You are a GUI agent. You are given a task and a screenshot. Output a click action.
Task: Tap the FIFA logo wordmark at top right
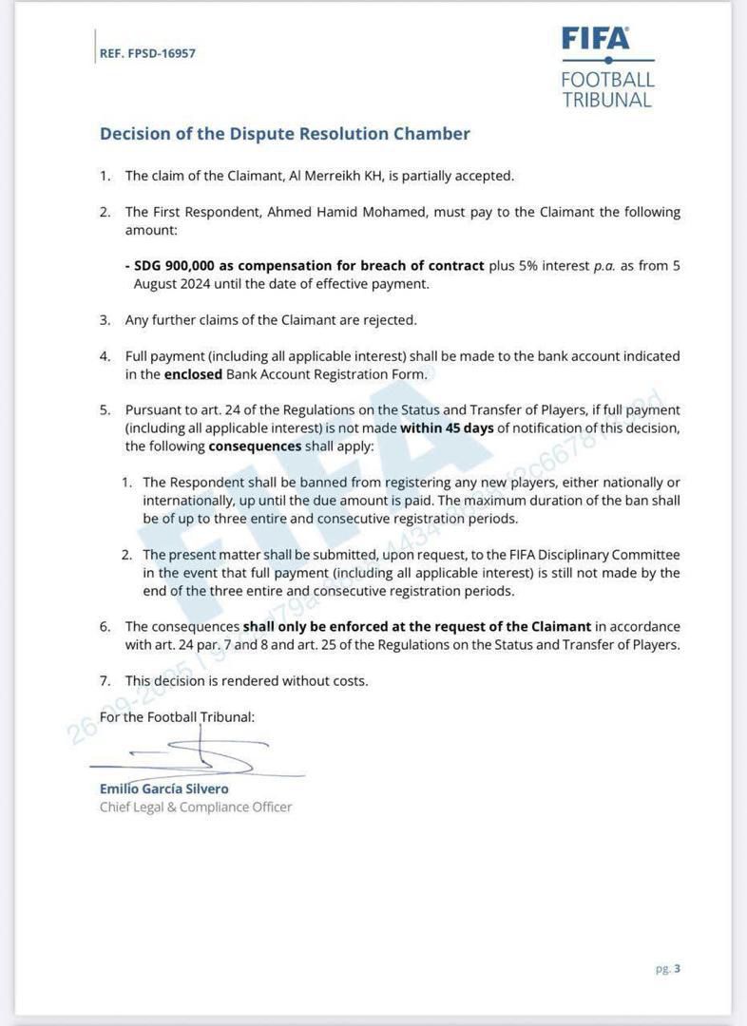click(x=595, y=38)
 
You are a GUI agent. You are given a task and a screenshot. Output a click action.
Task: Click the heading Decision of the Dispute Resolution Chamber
click(x=285, y=134)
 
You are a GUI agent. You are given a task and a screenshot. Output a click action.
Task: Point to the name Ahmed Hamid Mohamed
click(x=346, y=212)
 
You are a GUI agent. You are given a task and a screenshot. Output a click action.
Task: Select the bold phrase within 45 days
click(x=447, y=427)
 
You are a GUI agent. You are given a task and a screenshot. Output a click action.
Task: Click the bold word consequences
click(x=255, y=446)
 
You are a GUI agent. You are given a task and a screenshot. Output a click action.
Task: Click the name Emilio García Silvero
click(x=163, y=788)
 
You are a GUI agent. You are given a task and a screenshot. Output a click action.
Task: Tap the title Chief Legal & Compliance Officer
click(x=196, y=807)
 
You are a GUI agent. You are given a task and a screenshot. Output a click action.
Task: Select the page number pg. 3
click(x=668, y=969)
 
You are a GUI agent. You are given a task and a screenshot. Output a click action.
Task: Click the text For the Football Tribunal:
click(x=177, y=717)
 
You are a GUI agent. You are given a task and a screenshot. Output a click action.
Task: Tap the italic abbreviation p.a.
click(x=605, y=266)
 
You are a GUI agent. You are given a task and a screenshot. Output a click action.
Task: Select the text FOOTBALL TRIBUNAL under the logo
click(x=607, y=89)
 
